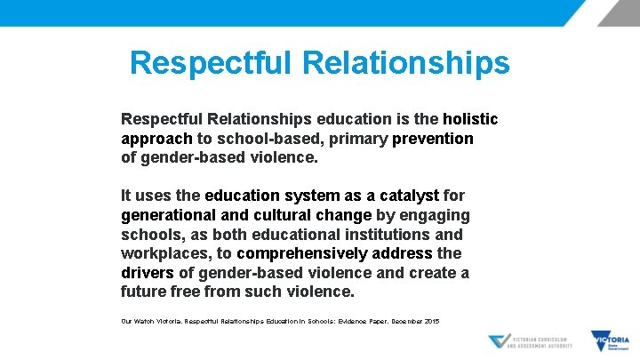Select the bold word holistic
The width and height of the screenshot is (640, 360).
pyautogui.click(x=470, y=119)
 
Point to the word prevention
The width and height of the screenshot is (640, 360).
pyautogui.click(x=432, y=139)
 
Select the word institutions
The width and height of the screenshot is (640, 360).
pyautogui.click(x=385, y=235)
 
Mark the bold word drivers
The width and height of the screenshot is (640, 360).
pyautogui.click(x=147, y=273)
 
